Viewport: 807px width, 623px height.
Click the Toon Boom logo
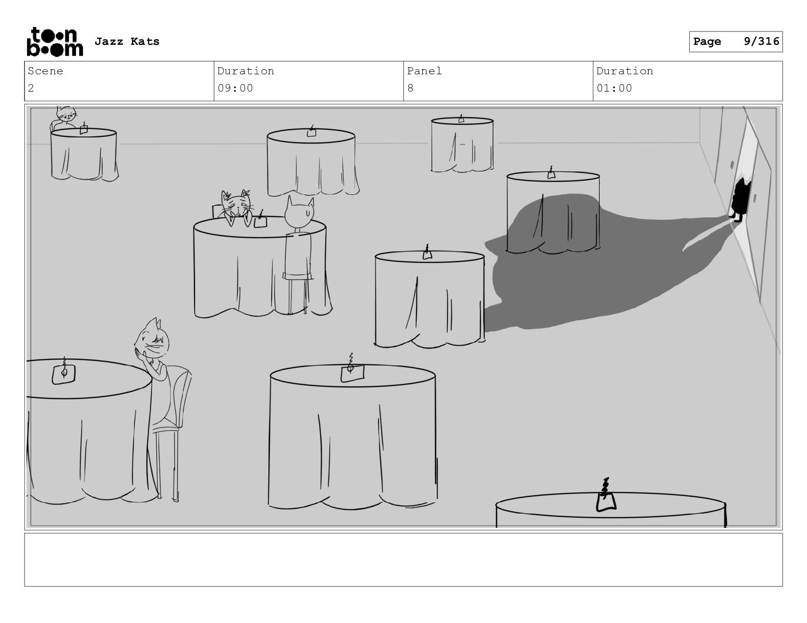(55, 42)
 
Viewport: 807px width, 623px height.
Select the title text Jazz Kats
(127, 41)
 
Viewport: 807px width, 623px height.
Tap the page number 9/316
(761, 41)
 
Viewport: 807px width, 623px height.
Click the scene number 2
(31, 89)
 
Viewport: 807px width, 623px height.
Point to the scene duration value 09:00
(235, 89)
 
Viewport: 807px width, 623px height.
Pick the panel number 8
(410, 89)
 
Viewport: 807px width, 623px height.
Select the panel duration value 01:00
(614, 89)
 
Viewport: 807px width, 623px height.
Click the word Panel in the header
(424, 71)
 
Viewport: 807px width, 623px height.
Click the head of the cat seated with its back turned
(300, 212)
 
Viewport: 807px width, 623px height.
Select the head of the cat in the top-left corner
(66, 113)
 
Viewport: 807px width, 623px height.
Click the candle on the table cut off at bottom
(606, 495)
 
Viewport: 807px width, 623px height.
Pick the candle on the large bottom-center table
(352, 369)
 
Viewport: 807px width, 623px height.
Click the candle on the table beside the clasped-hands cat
(64, 371)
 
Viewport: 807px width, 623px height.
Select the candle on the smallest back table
(461, 119)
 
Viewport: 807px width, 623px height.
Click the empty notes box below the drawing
(404, 560)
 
